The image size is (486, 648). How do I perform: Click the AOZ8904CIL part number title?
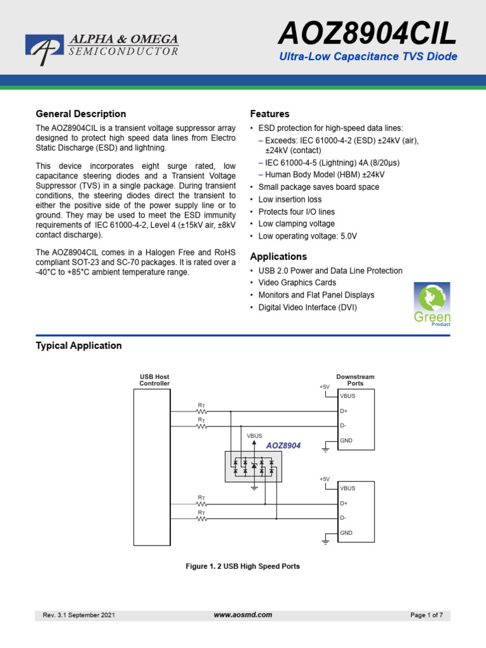click(368, 34)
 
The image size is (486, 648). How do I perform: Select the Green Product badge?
click(432, 304)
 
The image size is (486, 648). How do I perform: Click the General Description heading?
click(81, 114)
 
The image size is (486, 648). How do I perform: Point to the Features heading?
click(270, 114)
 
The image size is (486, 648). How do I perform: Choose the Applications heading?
click(278, 256)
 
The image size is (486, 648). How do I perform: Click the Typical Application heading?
click(79, 346)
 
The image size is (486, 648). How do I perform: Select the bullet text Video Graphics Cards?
click(297, 283)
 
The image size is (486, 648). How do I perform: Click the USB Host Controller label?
click(154, 380)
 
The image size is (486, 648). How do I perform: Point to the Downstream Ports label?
click(355, 380)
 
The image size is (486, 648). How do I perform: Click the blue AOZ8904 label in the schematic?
click(283, 445)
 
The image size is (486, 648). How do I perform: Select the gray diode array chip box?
click(254, 467)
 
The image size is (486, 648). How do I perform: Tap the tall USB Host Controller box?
click(152, 467)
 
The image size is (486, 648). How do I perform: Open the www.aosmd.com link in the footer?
click(243, 614)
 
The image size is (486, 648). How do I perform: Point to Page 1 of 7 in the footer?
click(427, 615)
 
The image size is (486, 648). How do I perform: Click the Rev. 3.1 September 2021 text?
click(78, 615)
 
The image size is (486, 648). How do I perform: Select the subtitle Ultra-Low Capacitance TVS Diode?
click(368, 57)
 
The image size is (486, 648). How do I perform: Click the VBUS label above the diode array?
click(254, 436)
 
